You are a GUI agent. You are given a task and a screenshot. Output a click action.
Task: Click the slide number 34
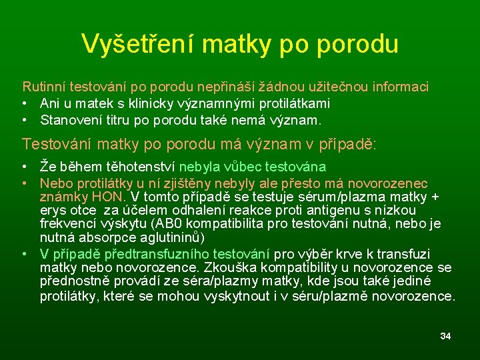[445, 336]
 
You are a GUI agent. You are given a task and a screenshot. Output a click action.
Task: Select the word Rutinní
[44, 87]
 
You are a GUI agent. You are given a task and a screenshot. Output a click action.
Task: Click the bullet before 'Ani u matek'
[25, 104]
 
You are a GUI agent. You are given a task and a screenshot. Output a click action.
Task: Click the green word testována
[297, 167]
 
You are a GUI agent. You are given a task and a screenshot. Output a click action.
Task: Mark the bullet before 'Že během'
[25, 167]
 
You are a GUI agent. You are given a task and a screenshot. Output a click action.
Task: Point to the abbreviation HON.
[110, 196]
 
